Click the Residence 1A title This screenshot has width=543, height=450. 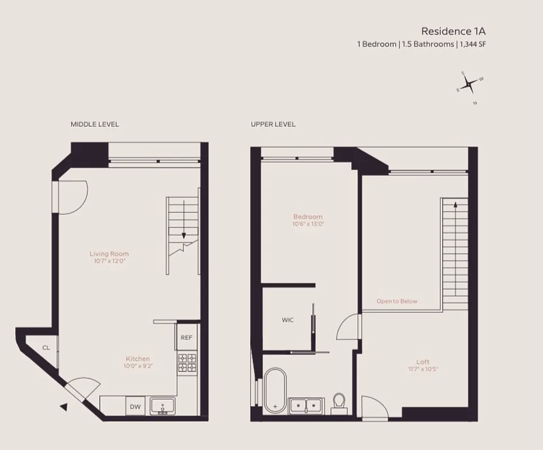pos(453,31)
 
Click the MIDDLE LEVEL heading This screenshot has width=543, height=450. pos(94,124)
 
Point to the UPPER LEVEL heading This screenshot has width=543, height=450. pos(273,124)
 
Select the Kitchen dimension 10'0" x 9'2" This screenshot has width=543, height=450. pos(138,366)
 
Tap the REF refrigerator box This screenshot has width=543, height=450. pos(186,337)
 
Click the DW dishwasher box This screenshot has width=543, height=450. pos(135,406)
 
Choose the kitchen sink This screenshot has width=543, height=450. pos(163,406)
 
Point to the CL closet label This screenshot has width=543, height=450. pos(46,348)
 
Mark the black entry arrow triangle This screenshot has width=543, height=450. pos(64,407)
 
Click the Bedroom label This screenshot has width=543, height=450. pos(308,217)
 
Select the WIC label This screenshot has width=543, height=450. pos(288,319)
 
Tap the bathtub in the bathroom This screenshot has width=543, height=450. pos(275,390)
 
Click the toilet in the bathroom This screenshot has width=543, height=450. pos(339,402)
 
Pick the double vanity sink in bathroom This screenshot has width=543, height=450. pos(306,406)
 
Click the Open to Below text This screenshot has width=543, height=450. pos(397,301)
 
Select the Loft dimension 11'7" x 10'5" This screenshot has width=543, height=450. pos(423,369)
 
